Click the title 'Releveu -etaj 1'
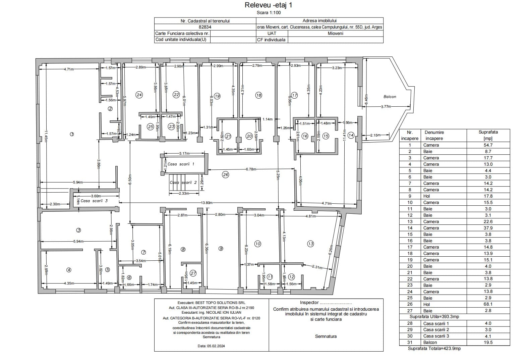pos(269,5)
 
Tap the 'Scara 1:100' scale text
pos(269,13)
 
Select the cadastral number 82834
pos(205,27)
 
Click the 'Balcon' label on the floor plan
pos(390,97)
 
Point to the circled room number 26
pos(226,174)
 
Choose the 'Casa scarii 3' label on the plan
pos(94,201)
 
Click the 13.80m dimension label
pos(207,203)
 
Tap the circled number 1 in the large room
pos(72,134)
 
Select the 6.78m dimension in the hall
pos(251,169)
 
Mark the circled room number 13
pos(310,244)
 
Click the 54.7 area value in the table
pos(488,145)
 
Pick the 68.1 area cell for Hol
pos(488,304)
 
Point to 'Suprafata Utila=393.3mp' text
pos(434,317)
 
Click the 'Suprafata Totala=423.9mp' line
pos(434,349)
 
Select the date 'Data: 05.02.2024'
pos(211,346)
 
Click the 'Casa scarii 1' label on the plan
pos(181,164)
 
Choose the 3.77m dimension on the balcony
pos(386,107)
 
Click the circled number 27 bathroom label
pos(193,273)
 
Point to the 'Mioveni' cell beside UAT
pos(336,34)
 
